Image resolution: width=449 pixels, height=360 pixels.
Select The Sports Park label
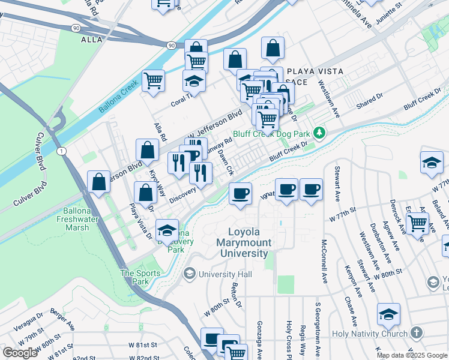tap(140, 277)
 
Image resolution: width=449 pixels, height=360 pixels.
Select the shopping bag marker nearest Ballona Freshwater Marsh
tap(98, 182)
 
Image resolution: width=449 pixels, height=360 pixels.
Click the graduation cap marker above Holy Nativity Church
tap(388, 314)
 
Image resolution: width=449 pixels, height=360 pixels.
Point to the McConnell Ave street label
tap(324, 262)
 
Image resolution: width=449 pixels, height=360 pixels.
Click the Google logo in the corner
tap(20, 353)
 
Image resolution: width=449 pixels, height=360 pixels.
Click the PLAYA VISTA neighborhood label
tap(315, 71)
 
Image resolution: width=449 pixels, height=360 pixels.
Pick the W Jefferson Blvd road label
tap(216, 124)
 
